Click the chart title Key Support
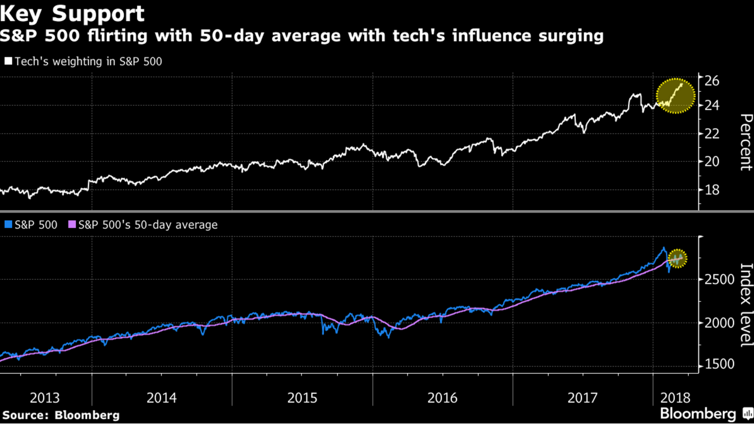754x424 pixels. click(72, 13)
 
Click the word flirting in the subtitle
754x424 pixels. click(109, 36)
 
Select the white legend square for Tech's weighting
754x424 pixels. click(8, 61)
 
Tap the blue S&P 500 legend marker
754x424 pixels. click(8, 225)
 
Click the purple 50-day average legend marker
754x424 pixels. click(72, 225)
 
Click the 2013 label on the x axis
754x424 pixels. click(45, 398)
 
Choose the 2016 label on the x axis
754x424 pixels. click(443, 398)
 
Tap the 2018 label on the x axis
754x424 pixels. click(675, 398)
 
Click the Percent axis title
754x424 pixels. click(746, 142)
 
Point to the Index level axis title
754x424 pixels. click(746, 305)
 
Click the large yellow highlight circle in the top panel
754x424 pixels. click(675, 96)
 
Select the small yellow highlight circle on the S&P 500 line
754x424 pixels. click(677, 259)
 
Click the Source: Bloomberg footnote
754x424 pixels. click(61, 415)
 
